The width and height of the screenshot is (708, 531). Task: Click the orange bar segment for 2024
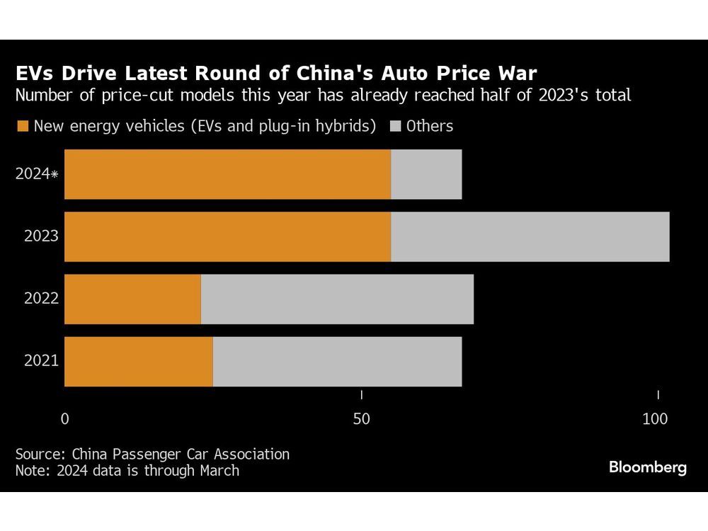pyautogui.click(x=227, y=174)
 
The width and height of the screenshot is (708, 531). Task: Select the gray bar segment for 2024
pyautogui.click(x=426, y=174)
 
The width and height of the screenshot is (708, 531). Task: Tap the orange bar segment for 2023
pyautogui.click(x=227, y=236)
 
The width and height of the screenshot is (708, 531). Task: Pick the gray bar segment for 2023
pyautogui.click(x=530, y=236)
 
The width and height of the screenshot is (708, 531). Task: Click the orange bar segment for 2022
pyautogui.click(x=132, y=299)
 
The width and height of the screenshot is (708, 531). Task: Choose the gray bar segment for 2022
pyautogui.click(x=337, y=299)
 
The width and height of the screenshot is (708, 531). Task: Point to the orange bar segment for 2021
pyautogui.click(x=139, y=361)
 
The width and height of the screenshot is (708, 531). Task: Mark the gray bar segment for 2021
pyautogui.click(x=337, y=361)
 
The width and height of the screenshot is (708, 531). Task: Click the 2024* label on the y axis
pyautogui.click(x=36, y=174)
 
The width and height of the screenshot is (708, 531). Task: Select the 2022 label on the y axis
pyautogui.click(x=41, y=299)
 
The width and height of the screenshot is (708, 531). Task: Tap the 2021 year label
pyautogui.click(x=41, y=361)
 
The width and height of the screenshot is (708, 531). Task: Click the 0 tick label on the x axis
pyautogui.click(x=65, y=419)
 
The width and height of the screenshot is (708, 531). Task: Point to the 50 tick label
pyautogui.click(x=362, y=419)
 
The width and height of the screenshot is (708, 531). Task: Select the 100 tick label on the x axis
pyautogui.click(x=655, y=419)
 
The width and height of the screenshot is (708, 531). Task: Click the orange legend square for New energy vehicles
pyautogui.click(x=22, y=127)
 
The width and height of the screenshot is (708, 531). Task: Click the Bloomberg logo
pyautogui.click(x=647, y=467)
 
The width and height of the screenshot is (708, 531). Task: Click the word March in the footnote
pyautogui.click(x=216, y=470)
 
